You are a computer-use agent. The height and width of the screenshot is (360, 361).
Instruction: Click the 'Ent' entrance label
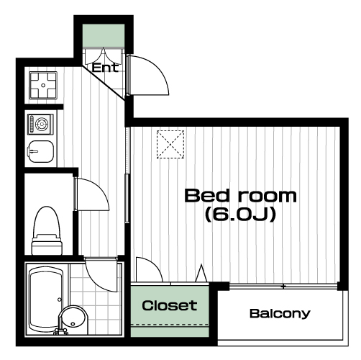tap(105, 68)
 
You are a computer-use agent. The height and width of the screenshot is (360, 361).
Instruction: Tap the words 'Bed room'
tap(240, 196)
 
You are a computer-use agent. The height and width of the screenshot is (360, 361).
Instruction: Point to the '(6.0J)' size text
tap(240, 215)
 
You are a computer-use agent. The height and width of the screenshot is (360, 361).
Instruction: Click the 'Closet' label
tap(170, 305)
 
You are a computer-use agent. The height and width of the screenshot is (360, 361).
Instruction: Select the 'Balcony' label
tap(280, 314)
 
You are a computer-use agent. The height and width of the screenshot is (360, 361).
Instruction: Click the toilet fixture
tap(47, 231)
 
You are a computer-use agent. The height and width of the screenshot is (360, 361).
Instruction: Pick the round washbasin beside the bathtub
tap(73, 320)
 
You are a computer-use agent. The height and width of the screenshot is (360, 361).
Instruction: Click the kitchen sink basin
tap(41, 151)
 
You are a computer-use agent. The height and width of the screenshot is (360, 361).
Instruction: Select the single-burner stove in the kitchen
tap(40, 125)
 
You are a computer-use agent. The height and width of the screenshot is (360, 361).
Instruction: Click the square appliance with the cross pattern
tap(43, 86)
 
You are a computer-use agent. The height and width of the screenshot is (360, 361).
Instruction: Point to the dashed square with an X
tap(170, 144)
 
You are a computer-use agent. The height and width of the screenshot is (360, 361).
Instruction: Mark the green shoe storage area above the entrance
tap(104, 35)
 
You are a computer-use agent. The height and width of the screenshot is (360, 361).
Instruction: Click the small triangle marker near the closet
tap(201, 273)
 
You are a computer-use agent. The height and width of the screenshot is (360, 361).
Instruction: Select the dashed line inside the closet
tap(170, 325)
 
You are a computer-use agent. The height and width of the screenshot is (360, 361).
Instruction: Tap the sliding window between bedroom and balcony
tap(283, 287)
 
